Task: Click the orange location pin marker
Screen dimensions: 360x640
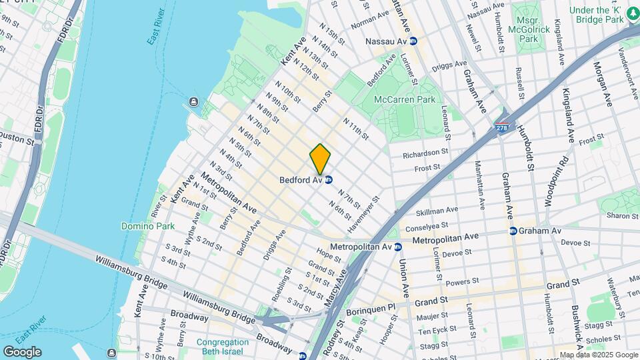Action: click(x=320, y=159)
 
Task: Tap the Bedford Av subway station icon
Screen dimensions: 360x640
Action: click(x=329, y=180)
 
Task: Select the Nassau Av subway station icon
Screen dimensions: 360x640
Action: click(x=413, y=41)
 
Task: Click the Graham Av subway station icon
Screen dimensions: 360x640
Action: click(x=513, y=231)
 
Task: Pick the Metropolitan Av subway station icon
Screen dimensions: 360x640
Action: click(x=398, y=247)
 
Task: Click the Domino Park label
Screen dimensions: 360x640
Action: click(x=148, y=226)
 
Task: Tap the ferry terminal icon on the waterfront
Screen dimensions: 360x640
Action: click(x=193, y=101)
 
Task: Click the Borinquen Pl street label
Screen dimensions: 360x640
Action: click(x=370, y=310)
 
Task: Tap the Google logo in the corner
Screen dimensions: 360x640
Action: click(x=22, y=351)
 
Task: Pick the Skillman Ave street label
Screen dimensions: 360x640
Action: click(x=437, y=211)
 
